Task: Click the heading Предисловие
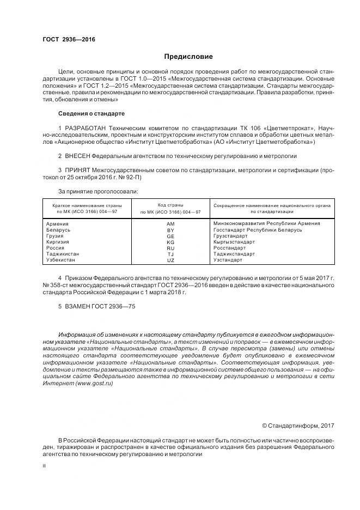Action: (188, 57)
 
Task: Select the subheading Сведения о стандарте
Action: (91, 113)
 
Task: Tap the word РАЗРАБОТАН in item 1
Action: (84, 127)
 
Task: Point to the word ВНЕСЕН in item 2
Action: (78, 156)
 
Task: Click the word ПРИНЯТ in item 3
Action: (78, 170)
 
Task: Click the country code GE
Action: (170, 236)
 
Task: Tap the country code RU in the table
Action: (170, 248)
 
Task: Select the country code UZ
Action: (170, 260)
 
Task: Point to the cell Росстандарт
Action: (229, 248)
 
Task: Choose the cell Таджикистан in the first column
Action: (63, 254)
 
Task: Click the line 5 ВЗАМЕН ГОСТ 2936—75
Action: (96, 307)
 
